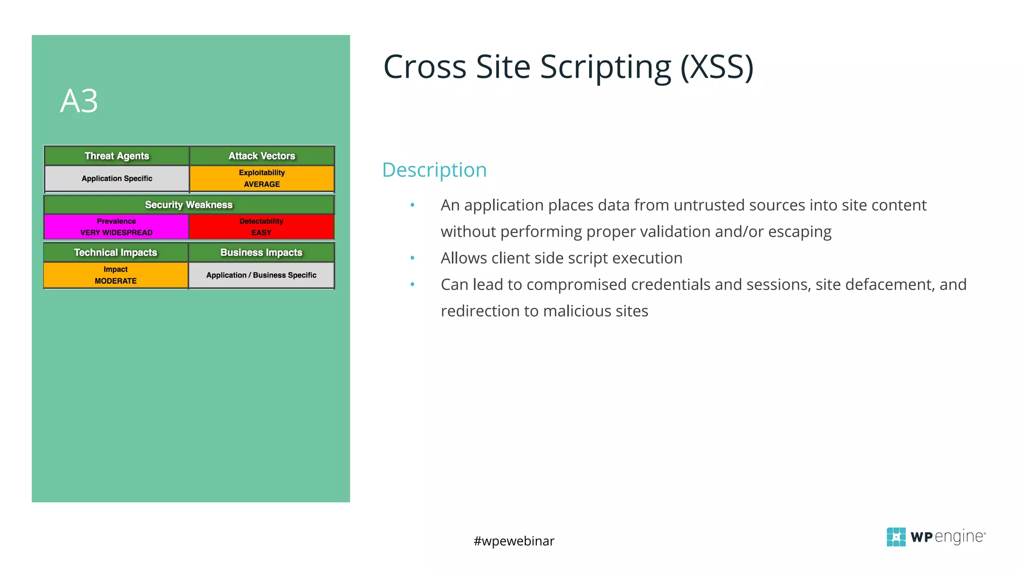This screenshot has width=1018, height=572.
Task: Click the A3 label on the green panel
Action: [x=79, y=101]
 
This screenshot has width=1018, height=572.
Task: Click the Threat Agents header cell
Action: [x=117, y=156]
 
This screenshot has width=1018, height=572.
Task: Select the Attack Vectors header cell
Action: [x=262, y=156]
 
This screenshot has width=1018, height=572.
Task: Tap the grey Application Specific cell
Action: [x=117, y=178]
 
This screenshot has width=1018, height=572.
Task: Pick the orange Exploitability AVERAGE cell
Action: [x=262, y=178]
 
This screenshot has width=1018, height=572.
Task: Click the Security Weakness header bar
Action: [x=189, y=205]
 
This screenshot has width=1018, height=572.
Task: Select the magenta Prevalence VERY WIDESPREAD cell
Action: [x=116, y=227]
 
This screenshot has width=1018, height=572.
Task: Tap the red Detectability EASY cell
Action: [x=261, y=227]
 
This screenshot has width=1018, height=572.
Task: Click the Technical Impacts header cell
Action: [x=116, y=252]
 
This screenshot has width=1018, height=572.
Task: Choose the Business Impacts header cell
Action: [x=261, y=252]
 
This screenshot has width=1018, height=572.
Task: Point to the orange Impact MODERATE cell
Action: [x=116, y=275]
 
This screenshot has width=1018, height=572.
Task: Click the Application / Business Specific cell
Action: [x=261, y=275]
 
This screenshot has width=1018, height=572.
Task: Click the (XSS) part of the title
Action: [x=717, y=68]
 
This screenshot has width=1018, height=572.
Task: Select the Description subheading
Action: [x=434, y=170]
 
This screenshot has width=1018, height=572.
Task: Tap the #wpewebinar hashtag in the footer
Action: [x=514, y=541]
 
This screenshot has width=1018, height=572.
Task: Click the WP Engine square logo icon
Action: [x=896, y=537]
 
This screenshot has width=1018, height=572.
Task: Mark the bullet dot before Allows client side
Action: [x=412, y=258]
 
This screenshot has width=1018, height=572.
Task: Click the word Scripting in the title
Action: [x=606, y=68]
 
